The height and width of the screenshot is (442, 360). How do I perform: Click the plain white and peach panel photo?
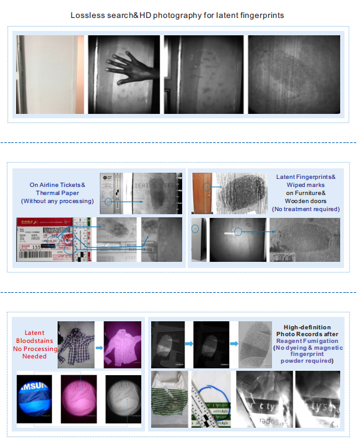(x=50, y=74)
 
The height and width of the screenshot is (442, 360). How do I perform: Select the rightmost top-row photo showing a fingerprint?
(x=294, y=74)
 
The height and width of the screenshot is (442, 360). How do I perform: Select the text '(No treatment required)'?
(x=306, y=209)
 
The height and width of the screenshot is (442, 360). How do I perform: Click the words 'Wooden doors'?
(x=306, y=201)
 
